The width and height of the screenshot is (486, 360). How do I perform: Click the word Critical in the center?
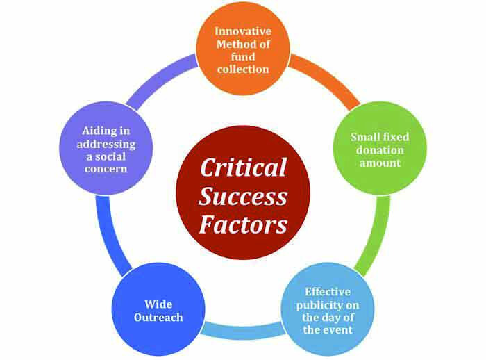(243, 167)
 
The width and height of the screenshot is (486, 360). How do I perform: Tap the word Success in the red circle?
(243, 197)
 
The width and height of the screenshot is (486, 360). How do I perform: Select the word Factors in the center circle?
(243, 224)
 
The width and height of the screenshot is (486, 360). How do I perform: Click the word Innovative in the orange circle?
(243, 31)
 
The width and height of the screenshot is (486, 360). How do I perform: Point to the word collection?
(243, 69)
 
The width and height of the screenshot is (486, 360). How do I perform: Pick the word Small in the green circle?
(364, 137)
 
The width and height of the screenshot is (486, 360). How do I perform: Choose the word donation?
(380, 150)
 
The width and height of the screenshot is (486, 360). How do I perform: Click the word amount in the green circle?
(380, 163)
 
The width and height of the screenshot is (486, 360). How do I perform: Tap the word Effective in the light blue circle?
(328, 292)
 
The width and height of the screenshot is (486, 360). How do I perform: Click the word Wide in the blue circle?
(158, 304)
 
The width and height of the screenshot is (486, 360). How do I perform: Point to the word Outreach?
(158, 317)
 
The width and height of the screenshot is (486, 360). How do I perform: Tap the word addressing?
(106, 145)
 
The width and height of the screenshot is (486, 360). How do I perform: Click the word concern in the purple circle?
(106, 169)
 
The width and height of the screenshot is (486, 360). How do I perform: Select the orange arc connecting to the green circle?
(329, 78)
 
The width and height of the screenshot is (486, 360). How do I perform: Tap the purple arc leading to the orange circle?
(158, 78)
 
